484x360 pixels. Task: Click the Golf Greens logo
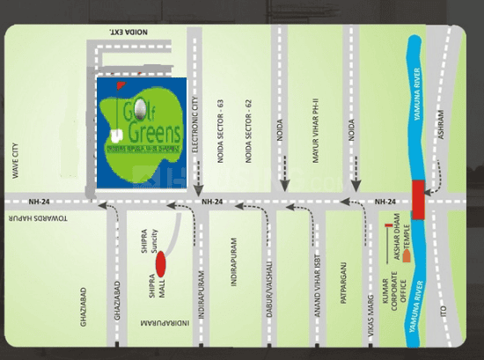click(141, 131)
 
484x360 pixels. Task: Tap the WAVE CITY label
click(14, 161)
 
